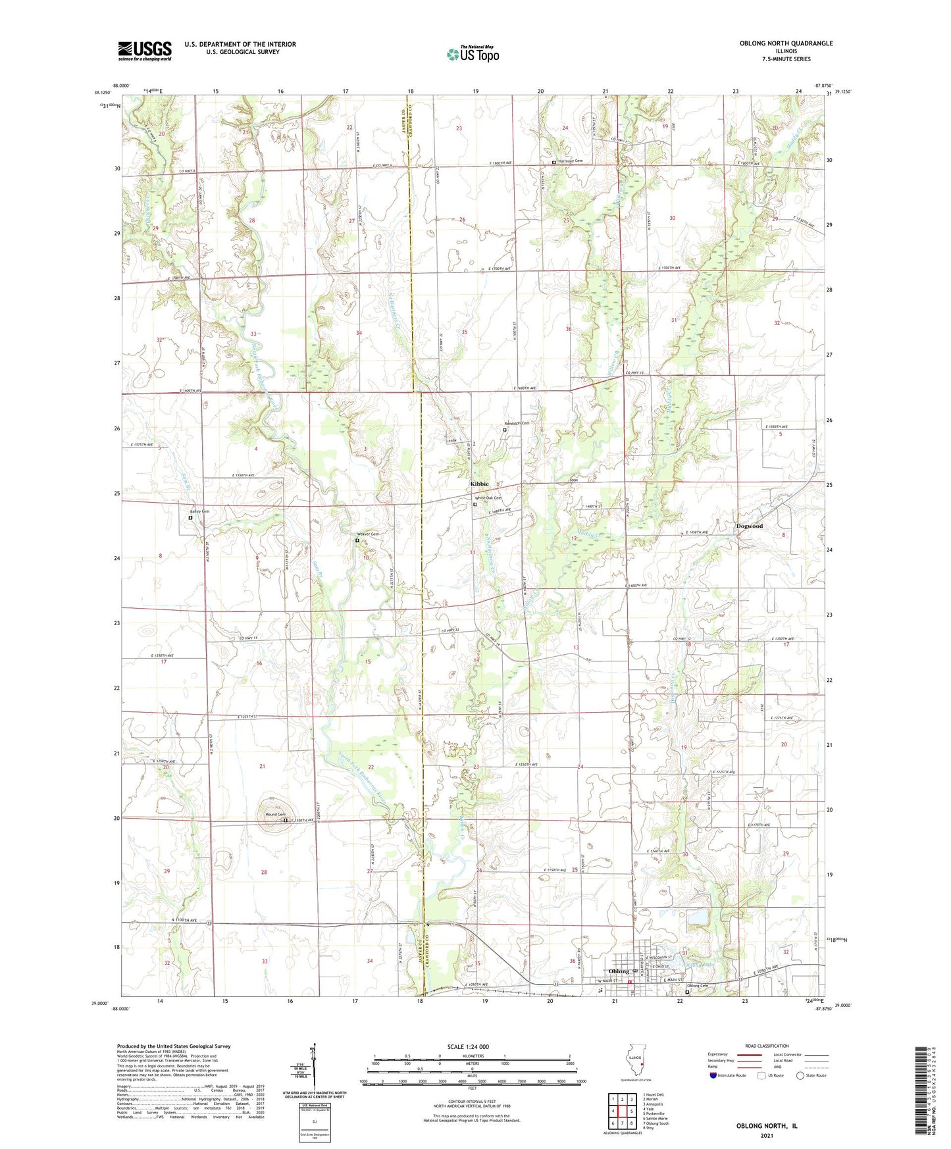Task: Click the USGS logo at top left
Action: (x=145, y=50)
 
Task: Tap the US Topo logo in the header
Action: (x=473, y=54)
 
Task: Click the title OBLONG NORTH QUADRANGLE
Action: (x=777, y=43)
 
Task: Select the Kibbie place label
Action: (x=479, y=484)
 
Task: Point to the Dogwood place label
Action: (x=749, y=526)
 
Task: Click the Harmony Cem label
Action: (x=571, y=161)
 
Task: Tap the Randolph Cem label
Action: (x=517, y=423)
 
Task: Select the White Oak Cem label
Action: (x=488, y=498)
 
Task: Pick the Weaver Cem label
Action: (x=368, y=534)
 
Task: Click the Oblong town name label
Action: (x=619, y=971)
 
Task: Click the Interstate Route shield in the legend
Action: (x=713, y=1075)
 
